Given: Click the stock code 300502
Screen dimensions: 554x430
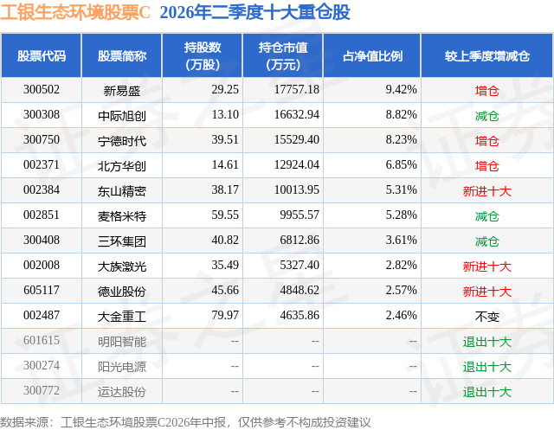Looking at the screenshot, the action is (42, 90).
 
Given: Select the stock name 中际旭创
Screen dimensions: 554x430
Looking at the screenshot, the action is (122, 115).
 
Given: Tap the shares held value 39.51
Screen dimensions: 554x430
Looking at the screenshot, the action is (225, 140).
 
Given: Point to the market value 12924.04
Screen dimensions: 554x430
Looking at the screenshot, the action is (297, 165).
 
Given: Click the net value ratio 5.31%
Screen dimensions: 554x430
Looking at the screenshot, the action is (401, 190).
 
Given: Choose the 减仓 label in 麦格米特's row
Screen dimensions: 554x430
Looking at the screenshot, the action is (486, 216).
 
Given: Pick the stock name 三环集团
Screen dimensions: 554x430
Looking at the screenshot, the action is (122, 241).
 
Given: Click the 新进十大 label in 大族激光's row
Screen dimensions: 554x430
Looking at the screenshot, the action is (486, 266).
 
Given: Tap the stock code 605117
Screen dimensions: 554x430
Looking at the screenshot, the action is (42, 290).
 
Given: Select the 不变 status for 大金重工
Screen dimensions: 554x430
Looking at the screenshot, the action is (486, 317).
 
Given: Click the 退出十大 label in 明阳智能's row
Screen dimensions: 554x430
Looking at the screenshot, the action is (486, 342).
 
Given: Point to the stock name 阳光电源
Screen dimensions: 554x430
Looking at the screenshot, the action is (122, 367).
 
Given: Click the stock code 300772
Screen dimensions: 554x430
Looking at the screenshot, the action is (42, 390).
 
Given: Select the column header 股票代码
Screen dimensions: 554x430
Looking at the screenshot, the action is (42, 55).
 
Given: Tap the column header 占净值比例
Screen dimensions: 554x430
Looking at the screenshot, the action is (372, 55).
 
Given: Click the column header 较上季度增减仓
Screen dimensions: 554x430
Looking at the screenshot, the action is (486, 55).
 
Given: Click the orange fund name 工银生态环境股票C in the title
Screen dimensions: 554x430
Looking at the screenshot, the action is (75, 12).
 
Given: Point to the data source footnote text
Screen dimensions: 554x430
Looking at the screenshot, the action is (185, 422).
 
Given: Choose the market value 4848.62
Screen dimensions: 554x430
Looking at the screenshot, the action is (300, 290).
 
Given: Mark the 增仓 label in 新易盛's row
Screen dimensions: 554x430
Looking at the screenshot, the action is (486, 91).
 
